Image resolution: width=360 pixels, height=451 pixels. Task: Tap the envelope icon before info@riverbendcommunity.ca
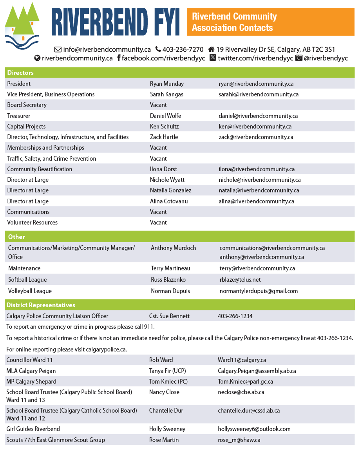[x=58, y=49]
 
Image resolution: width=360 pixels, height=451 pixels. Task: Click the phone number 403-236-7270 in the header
[x=183, y=49]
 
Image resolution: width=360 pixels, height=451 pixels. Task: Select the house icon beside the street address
[x=211, y=49]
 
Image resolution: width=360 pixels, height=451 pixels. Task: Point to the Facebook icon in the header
[x=119, y=58]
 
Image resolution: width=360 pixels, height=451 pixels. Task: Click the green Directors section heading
[x=20, y=72]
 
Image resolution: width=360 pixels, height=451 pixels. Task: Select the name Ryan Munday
[x=166, y=83]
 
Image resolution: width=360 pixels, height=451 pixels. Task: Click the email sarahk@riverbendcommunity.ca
[x=259, y=94]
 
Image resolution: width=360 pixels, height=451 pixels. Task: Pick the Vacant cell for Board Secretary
[x=158, y=105]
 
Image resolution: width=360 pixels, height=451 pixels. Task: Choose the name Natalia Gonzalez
[x=170, y=190]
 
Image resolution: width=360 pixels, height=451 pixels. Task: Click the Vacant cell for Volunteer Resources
[x=158, y=222]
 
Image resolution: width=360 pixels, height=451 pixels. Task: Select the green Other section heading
[x=16, y=237]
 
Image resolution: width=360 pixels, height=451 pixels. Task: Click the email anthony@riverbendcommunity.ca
[x=262, y=257]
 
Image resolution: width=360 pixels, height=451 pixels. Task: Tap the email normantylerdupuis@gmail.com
[x=259, y=291]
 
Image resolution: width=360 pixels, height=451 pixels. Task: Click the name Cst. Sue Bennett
[x=169, y=316]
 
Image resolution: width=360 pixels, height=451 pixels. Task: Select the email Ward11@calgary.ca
[x=242, y=360]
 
